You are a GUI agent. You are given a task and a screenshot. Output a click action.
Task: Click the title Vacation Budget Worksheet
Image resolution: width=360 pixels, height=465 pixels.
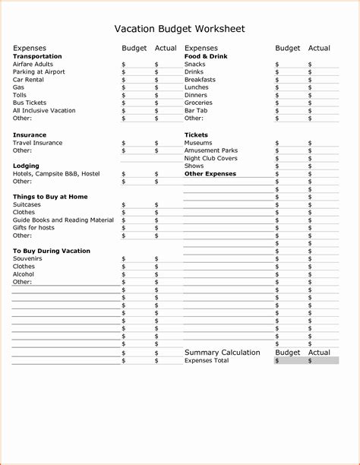(x=179, y=29)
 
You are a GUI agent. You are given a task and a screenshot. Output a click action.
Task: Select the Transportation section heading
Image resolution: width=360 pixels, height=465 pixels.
(x=37, y=56)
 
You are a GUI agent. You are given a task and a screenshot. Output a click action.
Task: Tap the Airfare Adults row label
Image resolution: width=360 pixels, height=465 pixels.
(x=33, y=65)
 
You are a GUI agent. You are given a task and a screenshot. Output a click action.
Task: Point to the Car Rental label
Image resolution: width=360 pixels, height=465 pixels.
(x=29, y=80)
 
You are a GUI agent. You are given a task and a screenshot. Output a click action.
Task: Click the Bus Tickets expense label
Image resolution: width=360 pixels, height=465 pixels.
(x=30, y=103)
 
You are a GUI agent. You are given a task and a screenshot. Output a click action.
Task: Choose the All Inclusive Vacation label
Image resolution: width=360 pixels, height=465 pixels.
(x=44, y=111)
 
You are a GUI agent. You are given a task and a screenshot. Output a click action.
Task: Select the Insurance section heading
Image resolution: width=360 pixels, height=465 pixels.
(x=30, y=134)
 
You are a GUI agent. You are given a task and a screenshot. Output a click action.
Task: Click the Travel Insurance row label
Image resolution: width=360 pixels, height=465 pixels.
(x=37, y=143)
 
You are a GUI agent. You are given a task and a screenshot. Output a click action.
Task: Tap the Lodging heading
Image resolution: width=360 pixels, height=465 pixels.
(x=26, y=166)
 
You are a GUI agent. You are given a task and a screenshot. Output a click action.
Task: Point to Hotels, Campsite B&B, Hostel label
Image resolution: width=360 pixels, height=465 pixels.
(x=56, y=174)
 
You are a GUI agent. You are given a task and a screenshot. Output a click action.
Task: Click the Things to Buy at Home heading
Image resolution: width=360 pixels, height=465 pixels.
(x=50, y=197)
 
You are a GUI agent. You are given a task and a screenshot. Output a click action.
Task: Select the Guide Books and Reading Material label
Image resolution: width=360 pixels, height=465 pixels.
(x=63, y=220)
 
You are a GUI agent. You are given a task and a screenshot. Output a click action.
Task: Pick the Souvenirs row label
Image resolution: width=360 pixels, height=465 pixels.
(x=27, y=259)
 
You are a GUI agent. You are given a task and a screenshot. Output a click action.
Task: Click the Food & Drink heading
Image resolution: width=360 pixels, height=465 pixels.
(x=206, y=56)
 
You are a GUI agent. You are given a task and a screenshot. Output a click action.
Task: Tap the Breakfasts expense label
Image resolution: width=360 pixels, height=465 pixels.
(x=200, y=80)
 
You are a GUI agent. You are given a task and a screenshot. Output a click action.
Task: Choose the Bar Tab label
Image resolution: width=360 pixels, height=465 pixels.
(x=196, y=111)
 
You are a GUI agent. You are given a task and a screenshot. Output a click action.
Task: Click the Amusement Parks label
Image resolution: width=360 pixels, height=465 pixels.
(x=210, y=150)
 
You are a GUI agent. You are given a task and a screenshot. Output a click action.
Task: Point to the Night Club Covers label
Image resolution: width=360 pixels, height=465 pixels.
(x=210, y=158)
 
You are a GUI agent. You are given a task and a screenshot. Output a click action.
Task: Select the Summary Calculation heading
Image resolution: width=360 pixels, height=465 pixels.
(x=222, y=353)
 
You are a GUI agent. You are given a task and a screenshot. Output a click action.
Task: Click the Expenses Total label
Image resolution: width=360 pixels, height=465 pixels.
(x=206, y=361)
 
